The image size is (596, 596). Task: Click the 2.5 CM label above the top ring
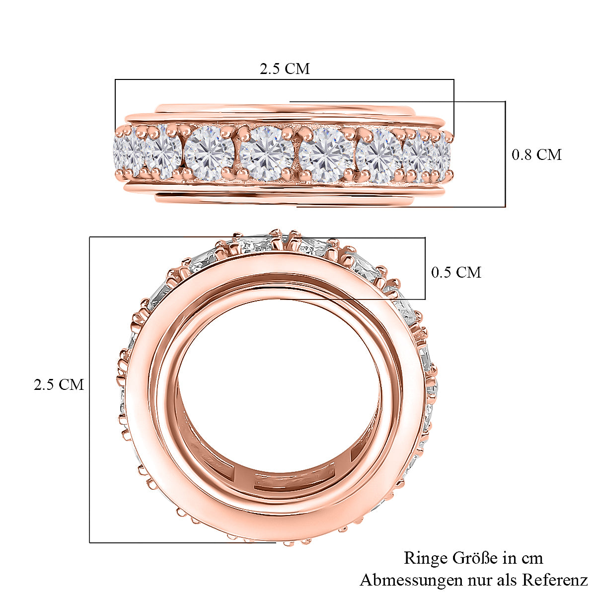pos(285,69)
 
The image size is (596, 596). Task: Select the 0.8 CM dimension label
pos(536,154)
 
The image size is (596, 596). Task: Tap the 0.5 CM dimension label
pos(456,272)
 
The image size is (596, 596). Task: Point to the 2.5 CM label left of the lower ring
pos(59,384)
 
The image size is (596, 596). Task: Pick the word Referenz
pos(556,572)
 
